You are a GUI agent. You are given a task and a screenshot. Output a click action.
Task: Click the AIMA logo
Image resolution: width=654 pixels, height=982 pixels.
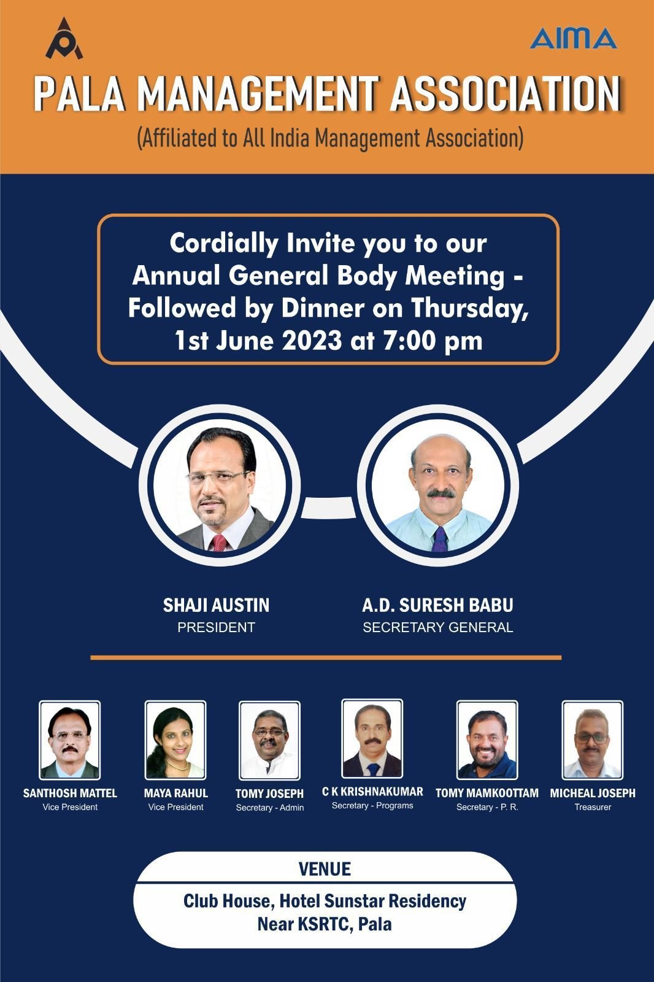coord(574,38)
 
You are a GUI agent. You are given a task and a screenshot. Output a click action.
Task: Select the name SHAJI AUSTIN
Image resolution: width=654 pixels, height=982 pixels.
coord(216,605)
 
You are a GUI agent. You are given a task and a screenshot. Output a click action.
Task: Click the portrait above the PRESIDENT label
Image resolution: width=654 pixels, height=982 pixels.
coord(220,485)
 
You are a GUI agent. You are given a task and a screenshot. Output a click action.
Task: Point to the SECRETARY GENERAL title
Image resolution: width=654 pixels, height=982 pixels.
coord(438,627)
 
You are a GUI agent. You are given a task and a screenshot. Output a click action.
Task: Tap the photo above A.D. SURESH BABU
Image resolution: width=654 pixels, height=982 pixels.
coord(438,485)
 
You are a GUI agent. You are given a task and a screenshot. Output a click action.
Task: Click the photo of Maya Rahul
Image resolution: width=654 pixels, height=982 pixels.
coord(175,740)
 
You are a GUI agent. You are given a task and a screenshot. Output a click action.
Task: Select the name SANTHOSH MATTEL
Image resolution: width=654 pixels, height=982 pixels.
coord(70,793)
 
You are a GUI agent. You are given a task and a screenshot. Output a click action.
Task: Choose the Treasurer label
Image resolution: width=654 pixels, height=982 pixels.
coord(593,807)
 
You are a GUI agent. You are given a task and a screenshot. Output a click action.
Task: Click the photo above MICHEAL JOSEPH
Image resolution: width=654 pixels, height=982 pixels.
coord(593,740)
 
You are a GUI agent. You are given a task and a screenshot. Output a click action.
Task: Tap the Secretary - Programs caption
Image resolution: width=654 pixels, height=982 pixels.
coord(372,806)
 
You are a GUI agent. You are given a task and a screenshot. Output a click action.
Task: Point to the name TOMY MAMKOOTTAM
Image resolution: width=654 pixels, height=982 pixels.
coord(487,793)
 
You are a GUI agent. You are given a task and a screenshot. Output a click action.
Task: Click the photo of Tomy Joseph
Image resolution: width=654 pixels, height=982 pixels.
coord(269,740)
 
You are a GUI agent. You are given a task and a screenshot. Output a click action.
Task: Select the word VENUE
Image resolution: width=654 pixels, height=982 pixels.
coord(325,869)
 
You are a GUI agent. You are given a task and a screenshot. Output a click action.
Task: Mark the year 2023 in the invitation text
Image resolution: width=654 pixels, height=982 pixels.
coord(312,341)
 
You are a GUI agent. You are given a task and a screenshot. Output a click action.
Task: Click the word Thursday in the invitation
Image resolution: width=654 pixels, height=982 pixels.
coord(470,308)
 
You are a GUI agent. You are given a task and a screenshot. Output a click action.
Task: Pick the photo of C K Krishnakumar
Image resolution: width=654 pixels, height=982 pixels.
coord(372,739)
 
